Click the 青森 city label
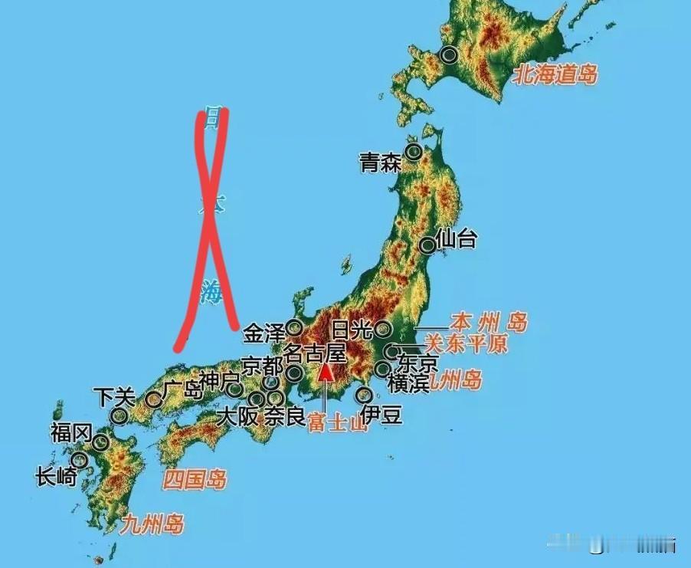(x=380, y=163)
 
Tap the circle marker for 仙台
(x=427, y=245)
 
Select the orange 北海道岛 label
(x=555, y=74)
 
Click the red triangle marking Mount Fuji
(x=326, y=373)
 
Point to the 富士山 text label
(x=338, y=422)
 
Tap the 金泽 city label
(x=264, y=333)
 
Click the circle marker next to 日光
(x=383, y=330)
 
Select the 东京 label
(x=418, y=361)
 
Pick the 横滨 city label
(x=408, y=383)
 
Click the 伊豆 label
(x=381, y=415)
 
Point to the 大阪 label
(x=237, y=418)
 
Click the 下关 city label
(x=113, y=396)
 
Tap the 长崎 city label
(x=56, y=477)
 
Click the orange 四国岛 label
(x=195, y=481)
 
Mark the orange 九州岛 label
(x=152, y=525)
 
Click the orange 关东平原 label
(x=466, y=343)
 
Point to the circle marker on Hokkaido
(x=449, y=54)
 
